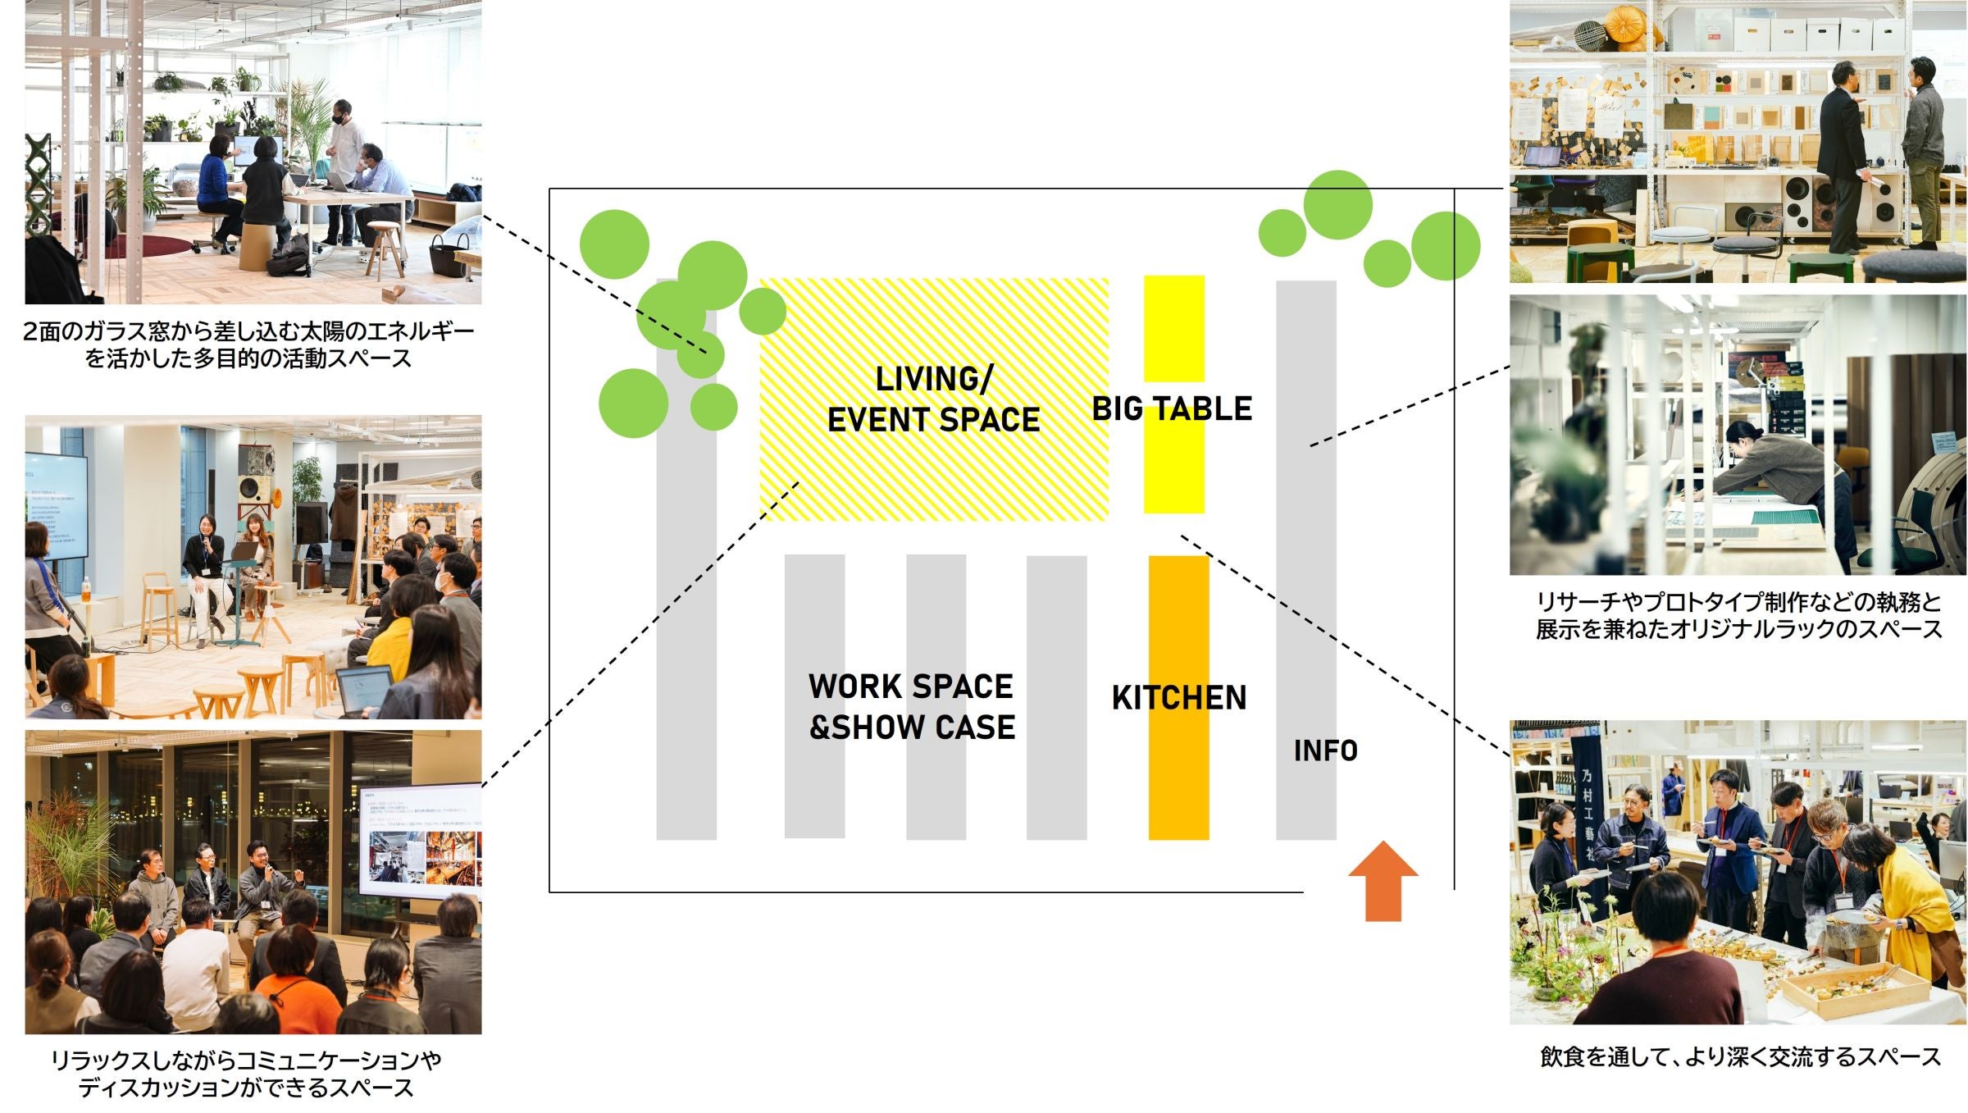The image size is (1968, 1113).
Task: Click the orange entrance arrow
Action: point(1383,881)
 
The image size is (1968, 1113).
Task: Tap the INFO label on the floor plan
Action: point(1325,750)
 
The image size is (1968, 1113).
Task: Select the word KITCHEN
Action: point(1178,698)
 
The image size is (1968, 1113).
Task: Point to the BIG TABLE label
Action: point(1172,408)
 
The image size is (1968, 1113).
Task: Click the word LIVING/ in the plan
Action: point(934,379)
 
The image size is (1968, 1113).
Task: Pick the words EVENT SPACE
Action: point(933,420)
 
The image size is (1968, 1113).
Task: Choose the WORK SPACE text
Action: point(910,687)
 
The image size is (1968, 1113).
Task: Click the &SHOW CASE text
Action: point(912,728)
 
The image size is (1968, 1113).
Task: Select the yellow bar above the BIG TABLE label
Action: point(1173,328)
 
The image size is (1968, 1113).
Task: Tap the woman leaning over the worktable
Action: point(1763,476)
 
